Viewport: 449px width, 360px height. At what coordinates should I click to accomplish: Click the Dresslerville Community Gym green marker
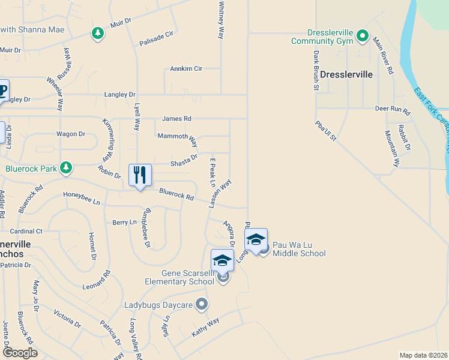pos(362,35)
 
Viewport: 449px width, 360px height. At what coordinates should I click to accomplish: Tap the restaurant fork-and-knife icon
pos(140,175)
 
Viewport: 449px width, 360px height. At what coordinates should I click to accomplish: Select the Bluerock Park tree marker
pos(66,168)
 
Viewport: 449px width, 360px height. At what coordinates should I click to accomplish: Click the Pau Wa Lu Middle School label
pos(299,249)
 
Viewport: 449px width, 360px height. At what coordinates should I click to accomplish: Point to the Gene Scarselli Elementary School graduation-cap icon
pos(221,261)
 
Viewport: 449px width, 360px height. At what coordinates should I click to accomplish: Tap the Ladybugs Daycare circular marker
pos(201,305)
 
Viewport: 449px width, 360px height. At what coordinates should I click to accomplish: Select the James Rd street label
pos(176,119)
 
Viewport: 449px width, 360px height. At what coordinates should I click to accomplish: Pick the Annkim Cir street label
pos(186,69)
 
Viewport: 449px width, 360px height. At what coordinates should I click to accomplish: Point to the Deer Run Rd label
pos(392,110)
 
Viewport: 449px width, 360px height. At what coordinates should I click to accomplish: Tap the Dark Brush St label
pos(315,70)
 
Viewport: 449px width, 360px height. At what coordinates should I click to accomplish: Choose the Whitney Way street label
pos(221,20)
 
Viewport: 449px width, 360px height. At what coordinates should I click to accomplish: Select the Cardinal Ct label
pos(26,231)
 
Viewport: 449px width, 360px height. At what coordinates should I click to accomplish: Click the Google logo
pos(20,353)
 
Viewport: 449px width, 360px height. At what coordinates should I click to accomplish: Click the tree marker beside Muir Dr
pos(97,33)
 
